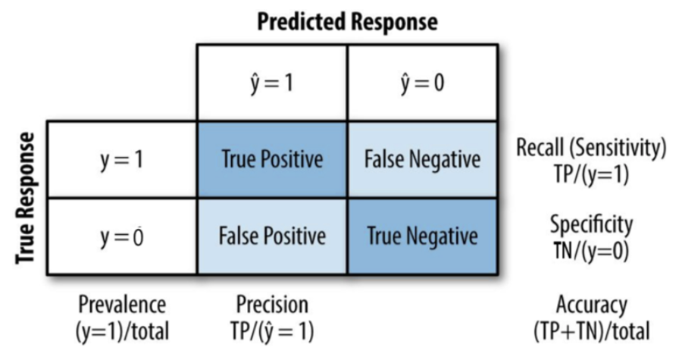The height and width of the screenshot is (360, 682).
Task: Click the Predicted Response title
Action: (x=347, y=22)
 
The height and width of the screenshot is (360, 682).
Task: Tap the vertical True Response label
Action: (x=25, y=199)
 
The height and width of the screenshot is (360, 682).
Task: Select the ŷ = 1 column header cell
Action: (x=272, y=83)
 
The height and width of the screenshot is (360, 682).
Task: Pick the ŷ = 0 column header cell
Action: (x=423, y=83)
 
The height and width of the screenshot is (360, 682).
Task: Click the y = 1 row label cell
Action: (x=122, y=160)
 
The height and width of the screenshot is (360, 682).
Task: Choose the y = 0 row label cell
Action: (x=122, y=236)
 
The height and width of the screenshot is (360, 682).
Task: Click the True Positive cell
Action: (x=272, y=160)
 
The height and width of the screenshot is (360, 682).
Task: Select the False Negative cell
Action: (x=423, y=160)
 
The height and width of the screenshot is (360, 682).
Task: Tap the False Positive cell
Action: (x=272, y=236)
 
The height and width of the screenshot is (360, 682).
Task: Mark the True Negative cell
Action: (x=423, y=236)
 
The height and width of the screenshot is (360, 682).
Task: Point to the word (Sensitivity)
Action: (x=617, y=149)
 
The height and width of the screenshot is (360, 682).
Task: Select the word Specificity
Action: (x=591, y=225)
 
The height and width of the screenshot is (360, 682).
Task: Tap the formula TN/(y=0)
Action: (x=591, y=251)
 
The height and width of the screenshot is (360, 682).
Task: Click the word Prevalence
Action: (x=122, y=305)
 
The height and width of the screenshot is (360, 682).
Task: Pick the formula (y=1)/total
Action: (x=122, y=331)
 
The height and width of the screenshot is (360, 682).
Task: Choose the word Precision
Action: (x=272, y=305)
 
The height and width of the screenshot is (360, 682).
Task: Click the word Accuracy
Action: (x=592, y=305)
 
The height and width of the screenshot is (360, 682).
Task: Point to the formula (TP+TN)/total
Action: (x=592, y=331)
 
